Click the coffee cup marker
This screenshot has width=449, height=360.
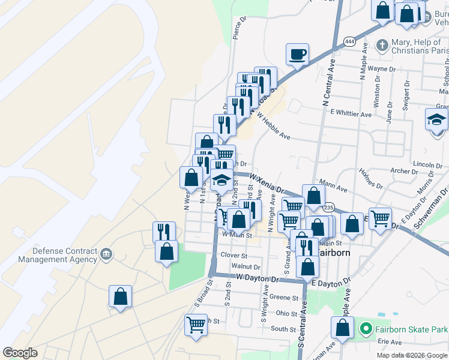click(297, 55)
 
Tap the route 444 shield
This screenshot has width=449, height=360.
click(349, 41)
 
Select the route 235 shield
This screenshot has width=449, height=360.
click(328, 207)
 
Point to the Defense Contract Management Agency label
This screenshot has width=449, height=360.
click(57, 255)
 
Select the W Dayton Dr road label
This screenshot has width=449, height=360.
click(258, 278)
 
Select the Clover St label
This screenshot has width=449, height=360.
click(234, 255)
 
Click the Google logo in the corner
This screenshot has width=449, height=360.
click(20, 353)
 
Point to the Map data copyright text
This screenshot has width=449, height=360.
click(411, 355)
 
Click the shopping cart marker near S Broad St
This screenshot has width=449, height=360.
click(196, 325)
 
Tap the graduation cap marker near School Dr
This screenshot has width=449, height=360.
click(436, 120)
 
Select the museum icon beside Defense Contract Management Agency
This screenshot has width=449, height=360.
click(106, 253)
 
